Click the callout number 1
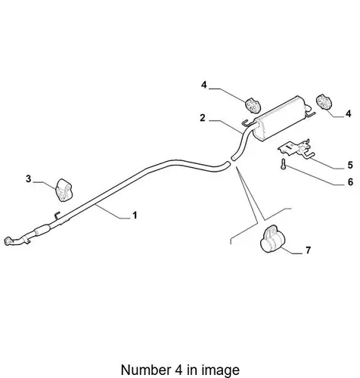pyautogui.click(x=135, y=215)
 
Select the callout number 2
pyautogui.click(x=203, y=118)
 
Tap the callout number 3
pyautogui.click(x=28, y=179)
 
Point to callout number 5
pyautogui.click(x=350, y=165)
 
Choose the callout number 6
pyautogui.click(x=350, y=182)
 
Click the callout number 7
pyautogui.click(x=308, y=250)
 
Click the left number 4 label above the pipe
pyautogui.click(x=204, y=85)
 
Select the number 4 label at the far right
pyautogui.click(x=349, y=113)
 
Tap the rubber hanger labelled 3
pyautogui.click(x=64, y=190)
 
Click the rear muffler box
pyautogui.click(x=281, y=118)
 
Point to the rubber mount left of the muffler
pyautogui.click(x=253, y=105)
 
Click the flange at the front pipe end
pyautogui.click(x=8, y=240)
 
